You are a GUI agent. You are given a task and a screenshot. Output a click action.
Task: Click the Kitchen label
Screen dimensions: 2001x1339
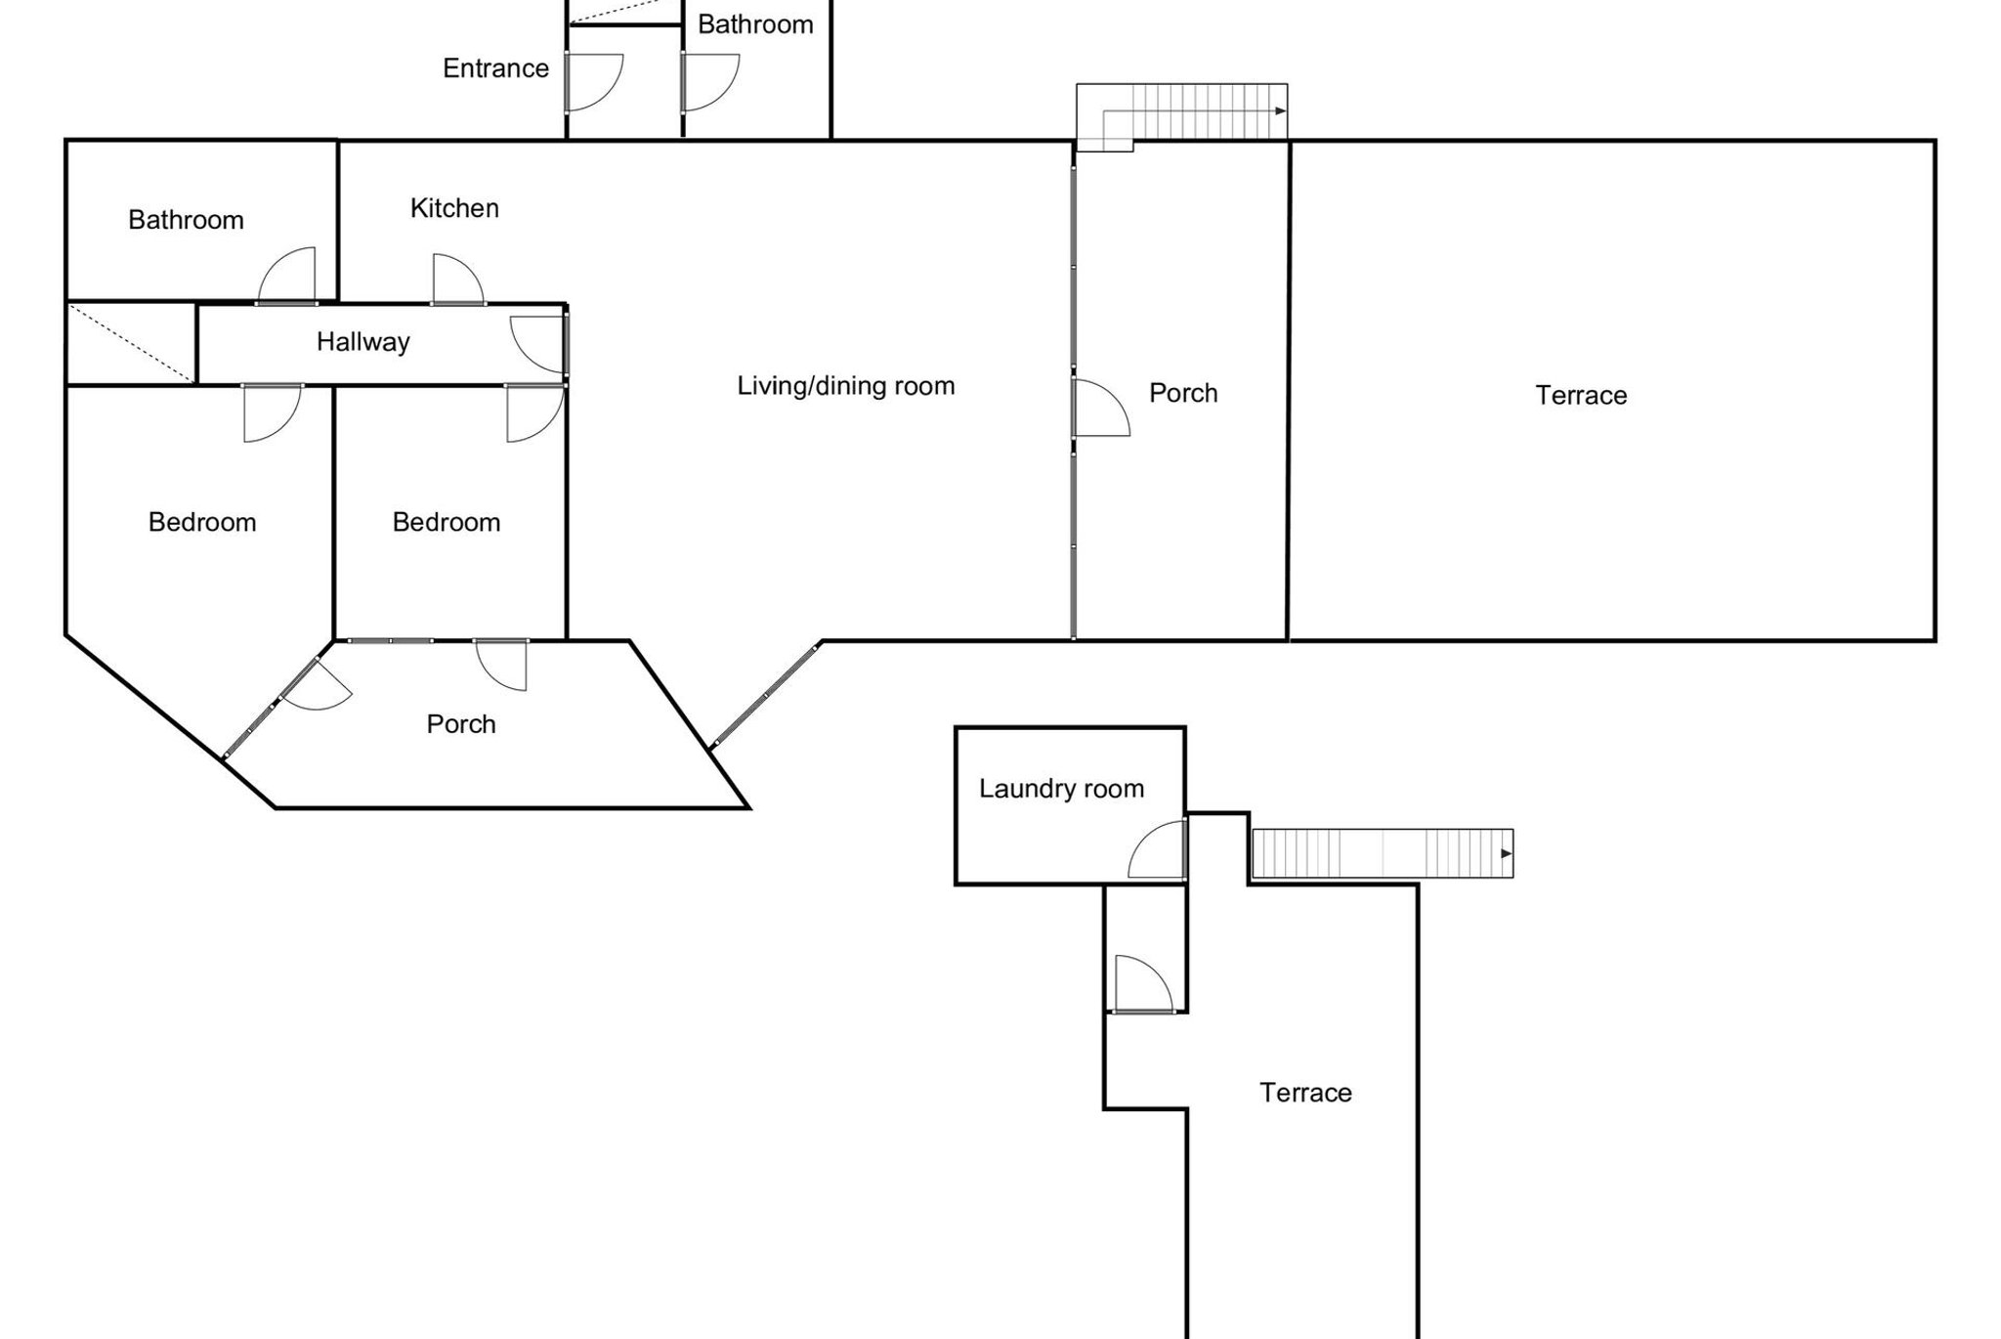click(x=454, y=208)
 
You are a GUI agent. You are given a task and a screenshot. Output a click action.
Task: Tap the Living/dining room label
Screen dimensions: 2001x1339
click(x=845, y=386)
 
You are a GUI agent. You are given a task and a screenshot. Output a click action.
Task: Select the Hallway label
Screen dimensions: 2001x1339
click(x=362, y=342)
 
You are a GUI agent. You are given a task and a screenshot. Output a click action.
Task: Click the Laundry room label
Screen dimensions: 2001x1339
click(x=1061, y=789)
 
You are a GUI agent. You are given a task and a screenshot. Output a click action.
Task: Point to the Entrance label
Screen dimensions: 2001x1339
click(x=495, y=68)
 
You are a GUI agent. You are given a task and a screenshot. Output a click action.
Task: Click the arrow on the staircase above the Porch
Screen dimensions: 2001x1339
click(x=1280, y=111)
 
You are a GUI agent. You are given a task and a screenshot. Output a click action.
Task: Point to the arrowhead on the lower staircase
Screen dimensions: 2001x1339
click(x=1506, y=854)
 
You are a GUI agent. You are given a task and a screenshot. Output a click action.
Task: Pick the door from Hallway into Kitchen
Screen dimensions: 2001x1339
click(x=456, y=281)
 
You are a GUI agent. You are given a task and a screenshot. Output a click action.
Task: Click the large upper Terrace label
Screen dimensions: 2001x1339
click(x=1581, y=396)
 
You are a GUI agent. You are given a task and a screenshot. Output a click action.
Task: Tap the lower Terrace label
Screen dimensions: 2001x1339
click(x=1305, y=1093)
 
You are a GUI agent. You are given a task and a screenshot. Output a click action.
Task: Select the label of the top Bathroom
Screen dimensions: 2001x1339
click(x=755, y=24)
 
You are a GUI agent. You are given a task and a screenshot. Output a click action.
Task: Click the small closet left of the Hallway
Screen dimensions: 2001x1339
click(x=131, y=343)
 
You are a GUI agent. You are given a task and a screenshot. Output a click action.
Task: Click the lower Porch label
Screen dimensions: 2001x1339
click(x=461, y=724)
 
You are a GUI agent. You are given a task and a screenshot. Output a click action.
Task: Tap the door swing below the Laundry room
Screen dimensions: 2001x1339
click(x=1141, y=983)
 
